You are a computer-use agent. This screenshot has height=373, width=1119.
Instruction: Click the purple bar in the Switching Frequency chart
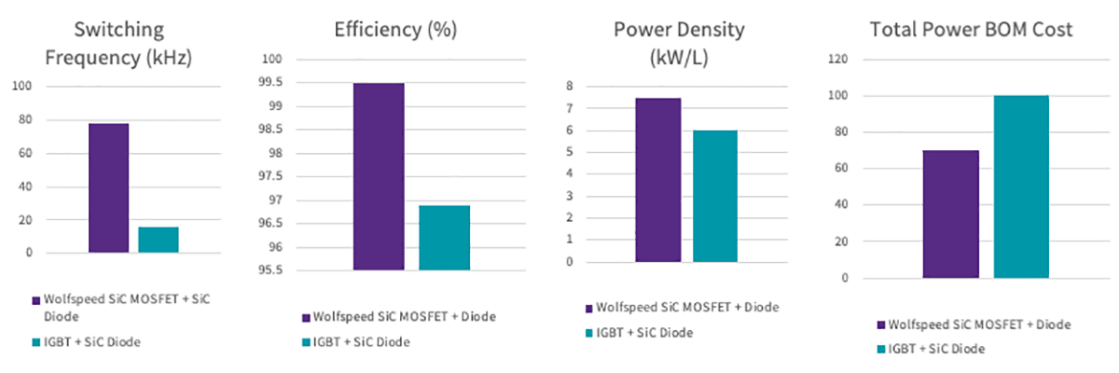107,187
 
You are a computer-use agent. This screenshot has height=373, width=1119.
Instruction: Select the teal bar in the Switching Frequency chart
158,240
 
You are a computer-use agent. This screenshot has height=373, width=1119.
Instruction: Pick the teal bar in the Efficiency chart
444,238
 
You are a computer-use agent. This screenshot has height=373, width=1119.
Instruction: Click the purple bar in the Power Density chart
657,180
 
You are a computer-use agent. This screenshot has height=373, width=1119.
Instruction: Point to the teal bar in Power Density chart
715,196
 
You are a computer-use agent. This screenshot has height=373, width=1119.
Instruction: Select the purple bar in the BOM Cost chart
950,214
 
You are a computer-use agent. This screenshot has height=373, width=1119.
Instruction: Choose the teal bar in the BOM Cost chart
1021,186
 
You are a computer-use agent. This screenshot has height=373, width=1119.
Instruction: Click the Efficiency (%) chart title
395,29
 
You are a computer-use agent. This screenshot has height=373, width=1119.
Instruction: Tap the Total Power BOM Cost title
971,30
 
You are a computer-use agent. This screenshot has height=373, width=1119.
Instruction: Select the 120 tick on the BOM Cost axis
841,60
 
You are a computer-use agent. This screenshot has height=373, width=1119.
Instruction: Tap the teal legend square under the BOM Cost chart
882,349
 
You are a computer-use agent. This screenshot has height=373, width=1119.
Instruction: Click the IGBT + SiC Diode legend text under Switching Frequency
91,342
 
